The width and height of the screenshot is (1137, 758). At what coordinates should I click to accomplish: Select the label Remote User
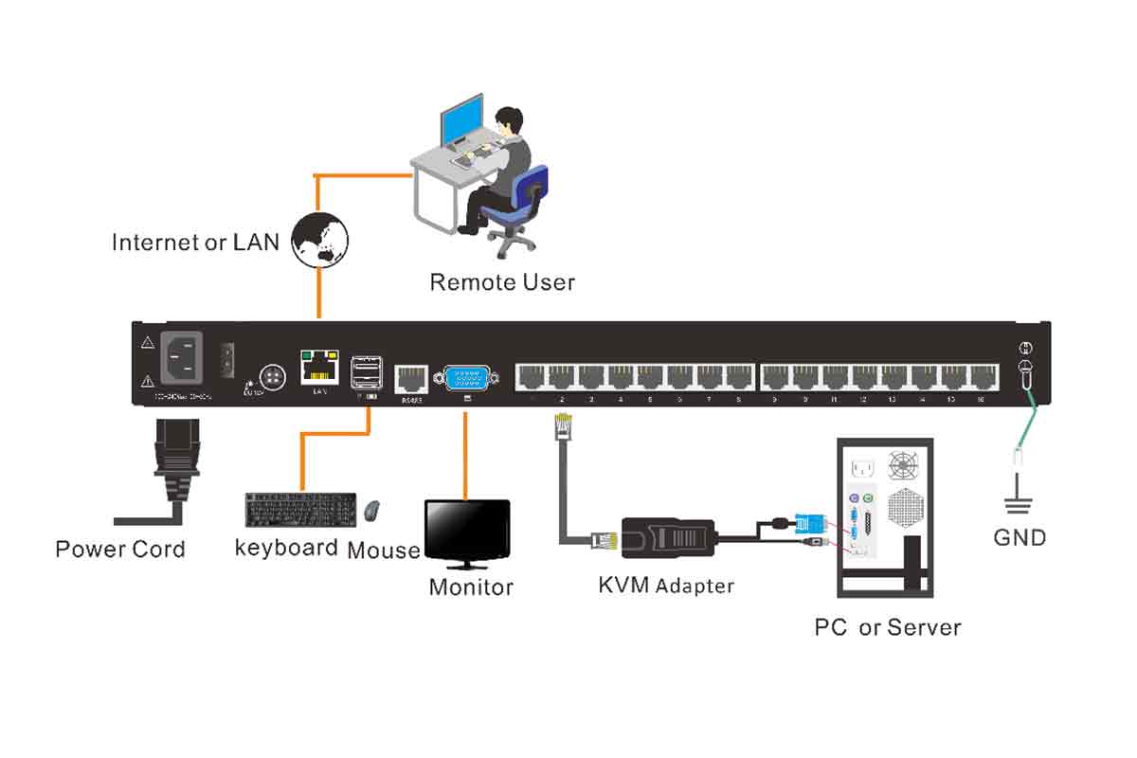[502, 282]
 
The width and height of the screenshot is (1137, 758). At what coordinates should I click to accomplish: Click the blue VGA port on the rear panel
[467, 378]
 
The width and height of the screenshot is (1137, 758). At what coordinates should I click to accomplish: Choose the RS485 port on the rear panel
[409, 378]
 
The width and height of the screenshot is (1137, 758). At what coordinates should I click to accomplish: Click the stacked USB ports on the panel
[366, 372]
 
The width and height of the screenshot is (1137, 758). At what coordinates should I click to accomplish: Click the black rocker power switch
[227, 358]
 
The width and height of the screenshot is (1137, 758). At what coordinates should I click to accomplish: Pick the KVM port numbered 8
[739, 377]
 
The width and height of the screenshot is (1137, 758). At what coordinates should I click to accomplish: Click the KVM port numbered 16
[984, 377]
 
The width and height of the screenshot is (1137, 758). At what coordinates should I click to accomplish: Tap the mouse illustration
[373, 511]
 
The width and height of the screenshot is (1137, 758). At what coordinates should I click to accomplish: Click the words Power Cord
[120, 550]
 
